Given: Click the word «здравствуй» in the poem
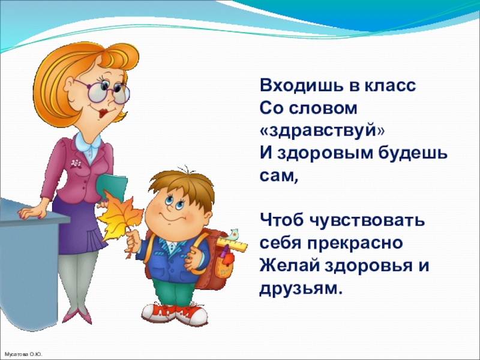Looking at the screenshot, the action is pos(322,131).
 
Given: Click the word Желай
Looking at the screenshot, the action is pos(289,266).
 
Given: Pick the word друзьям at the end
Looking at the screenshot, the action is pos(301,289).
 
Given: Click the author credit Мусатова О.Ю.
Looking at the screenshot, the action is pos(23,355).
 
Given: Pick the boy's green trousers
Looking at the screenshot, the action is pos(173,292).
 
